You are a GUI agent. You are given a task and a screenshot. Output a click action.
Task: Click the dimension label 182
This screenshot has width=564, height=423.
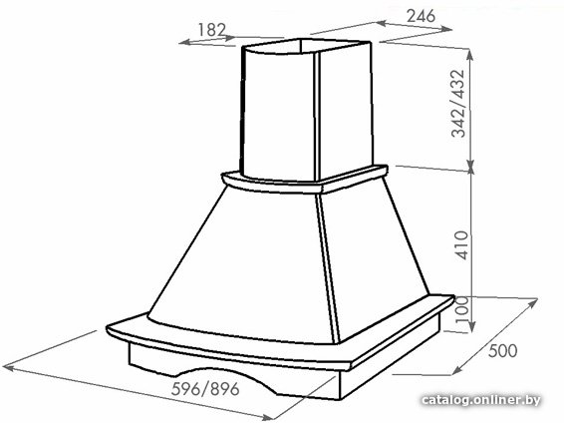pyautogui.click(x=211, y=30)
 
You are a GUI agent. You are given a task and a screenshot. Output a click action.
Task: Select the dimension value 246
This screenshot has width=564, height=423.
pyautogui.click(x=421, y=16)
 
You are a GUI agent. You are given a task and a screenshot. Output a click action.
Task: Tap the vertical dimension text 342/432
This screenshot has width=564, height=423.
pyautogui.click(x=459, y=104)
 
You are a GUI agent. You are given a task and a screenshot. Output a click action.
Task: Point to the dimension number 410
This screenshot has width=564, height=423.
pyautogui.click(x=461, y=245)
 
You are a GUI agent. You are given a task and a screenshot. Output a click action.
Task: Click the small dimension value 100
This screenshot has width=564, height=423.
pyautogui.click(x=462, y=309)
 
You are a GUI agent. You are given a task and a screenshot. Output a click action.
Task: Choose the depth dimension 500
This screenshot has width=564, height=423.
pyautogui.click(x=503, y=350)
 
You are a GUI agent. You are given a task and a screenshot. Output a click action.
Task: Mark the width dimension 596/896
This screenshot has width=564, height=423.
pyautogui.click(x=205, y=389)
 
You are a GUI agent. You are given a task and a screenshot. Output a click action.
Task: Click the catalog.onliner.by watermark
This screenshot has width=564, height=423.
pyautogui.click(x=481, y=400)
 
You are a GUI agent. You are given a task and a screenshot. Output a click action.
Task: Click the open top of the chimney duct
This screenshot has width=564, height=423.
pyautogui.click(x=307, y=47)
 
